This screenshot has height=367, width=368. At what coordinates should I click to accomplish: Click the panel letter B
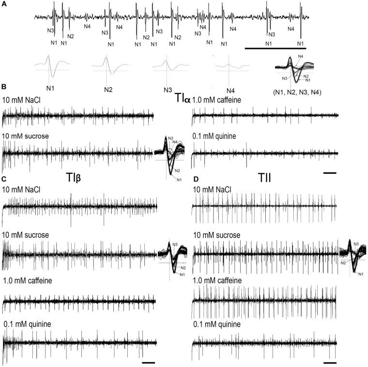pos(4,88)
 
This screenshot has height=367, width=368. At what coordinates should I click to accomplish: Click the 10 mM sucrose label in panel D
pos(217,235)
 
